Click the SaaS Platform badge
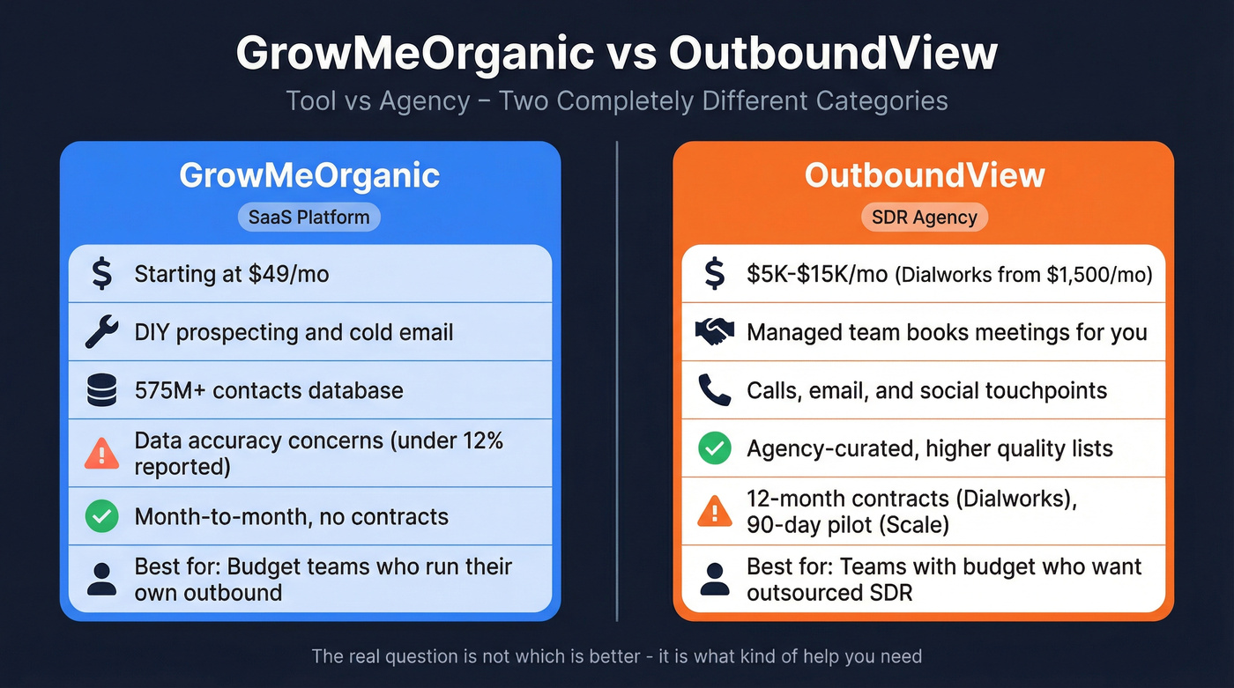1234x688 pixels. coord(308,217)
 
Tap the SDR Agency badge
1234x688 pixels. coord(924,217)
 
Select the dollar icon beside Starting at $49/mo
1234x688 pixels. coord(102,274)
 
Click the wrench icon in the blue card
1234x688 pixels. coord(102,332)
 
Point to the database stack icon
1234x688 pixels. coord(102,390)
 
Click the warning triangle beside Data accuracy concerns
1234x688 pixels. coord(102,454)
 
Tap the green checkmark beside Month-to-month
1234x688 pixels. coord(102,516)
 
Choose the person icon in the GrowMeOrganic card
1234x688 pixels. coord(102,579)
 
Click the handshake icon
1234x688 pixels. coord(714,332)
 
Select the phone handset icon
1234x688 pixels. coord(714,390)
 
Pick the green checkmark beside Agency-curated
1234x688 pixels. coord(714,448)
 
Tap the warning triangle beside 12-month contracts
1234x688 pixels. coord(714,512)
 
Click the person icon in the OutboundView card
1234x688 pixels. coord(714,579)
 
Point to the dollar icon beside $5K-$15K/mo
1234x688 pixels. coord(714,274)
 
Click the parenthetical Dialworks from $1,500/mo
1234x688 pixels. coord(1024,275)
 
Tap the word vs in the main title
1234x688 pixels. coord(631,54)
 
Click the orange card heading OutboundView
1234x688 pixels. coord(924,175)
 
